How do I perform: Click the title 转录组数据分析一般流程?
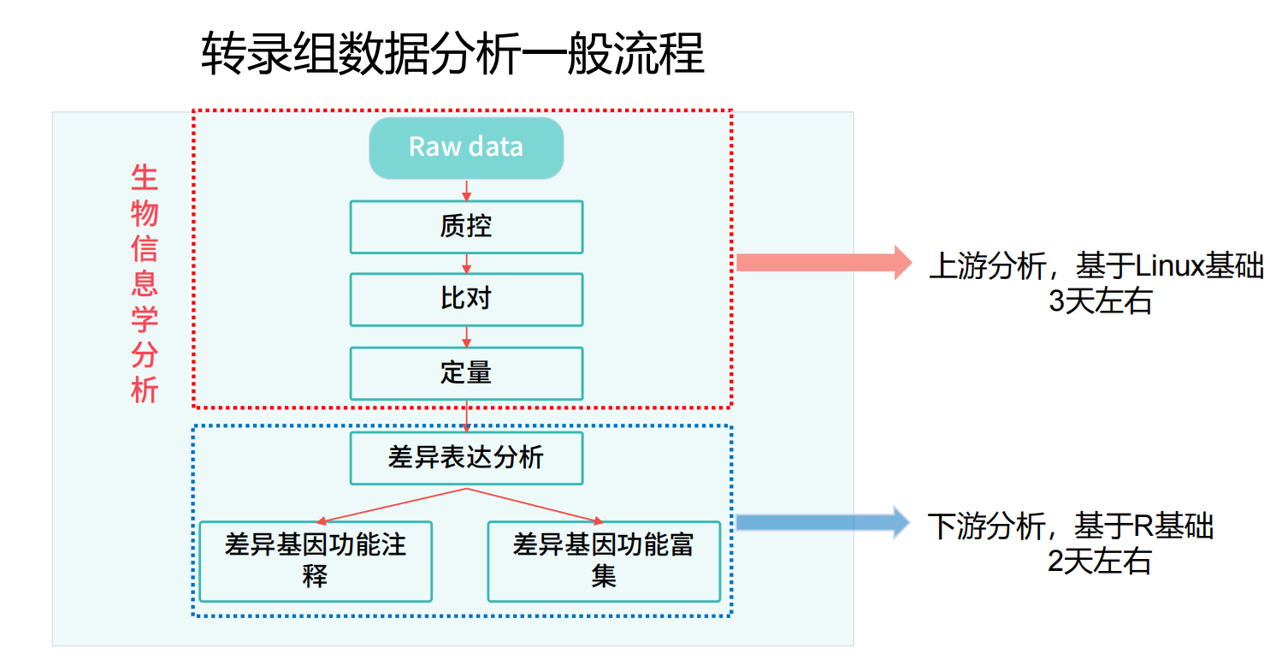452,54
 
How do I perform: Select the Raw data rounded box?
466,148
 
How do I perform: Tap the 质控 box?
466,227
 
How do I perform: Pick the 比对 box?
466,300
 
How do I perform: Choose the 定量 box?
466,373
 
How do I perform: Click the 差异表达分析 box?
466,458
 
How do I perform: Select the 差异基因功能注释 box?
316,562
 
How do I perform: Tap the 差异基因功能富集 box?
604,562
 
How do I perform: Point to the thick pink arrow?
824,263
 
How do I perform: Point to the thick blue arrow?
824,522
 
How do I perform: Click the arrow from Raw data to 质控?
466,191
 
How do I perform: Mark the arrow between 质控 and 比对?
466,264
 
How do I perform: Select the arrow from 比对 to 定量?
466,337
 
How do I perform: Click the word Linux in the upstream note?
1170,265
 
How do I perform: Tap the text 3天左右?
1101,300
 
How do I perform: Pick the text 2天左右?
1099,562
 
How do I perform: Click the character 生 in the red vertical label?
144,178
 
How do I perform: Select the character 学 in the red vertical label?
144,319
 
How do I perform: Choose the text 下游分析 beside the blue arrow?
986,526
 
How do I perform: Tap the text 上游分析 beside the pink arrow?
987,265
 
